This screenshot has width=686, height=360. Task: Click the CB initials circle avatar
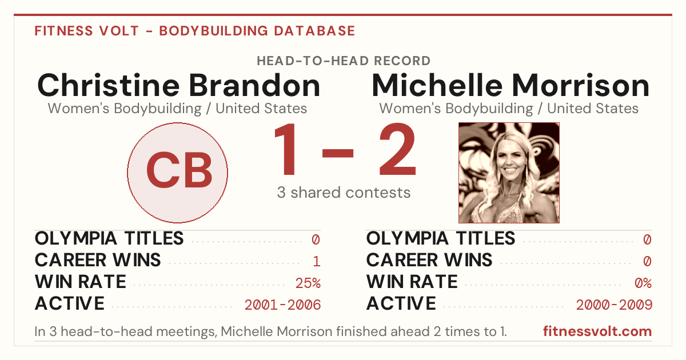(x=177, y=173)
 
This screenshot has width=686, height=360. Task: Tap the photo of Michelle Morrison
(x=509, y=173)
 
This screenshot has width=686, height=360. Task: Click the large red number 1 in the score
(x=286, y=149)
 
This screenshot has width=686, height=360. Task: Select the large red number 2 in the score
(x=397, y=149)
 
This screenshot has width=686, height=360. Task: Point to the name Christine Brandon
(x=178, y=85)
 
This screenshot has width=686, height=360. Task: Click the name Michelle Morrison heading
(x=510, y=85)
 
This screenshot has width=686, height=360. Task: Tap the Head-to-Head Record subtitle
(x=344, y=61)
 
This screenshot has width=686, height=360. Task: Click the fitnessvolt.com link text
(x=597, y=331)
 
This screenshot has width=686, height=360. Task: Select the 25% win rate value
(x=308, y=283)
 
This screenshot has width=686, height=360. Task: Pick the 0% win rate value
(x=643, y=283)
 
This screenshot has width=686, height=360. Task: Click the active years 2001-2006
(x=282, y=305)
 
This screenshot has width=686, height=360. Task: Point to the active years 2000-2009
(x=614, y=305)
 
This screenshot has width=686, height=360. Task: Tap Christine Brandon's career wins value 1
(x=317, y=261)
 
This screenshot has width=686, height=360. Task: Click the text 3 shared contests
(x=344, y=193)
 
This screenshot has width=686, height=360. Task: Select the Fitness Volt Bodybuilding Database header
(x=195, y=31)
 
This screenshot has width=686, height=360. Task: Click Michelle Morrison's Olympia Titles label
(x=441, y=238)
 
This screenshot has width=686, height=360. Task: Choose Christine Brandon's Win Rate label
(x=80, y=282)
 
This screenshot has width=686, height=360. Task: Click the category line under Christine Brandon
(x=177, y=109)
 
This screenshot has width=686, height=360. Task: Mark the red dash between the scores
(x=338, y=153)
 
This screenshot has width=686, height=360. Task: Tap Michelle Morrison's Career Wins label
(x=429, y=260)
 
